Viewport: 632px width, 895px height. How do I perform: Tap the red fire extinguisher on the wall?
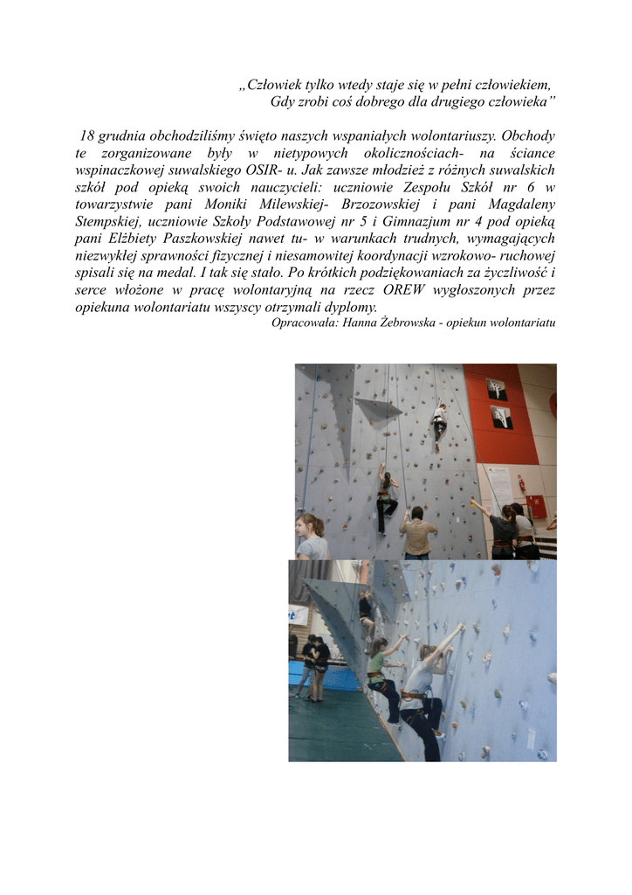(x=522, y=482)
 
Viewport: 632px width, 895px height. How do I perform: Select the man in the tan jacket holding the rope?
(x=419, y=532)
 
